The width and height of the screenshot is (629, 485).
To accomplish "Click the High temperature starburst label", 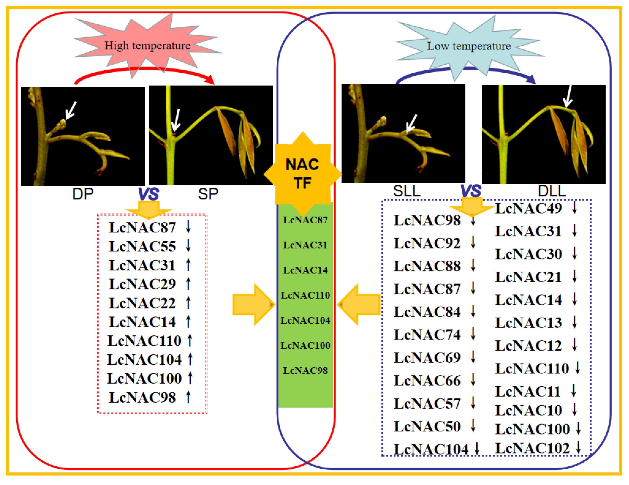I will pyautogui.click(x=147, y=46).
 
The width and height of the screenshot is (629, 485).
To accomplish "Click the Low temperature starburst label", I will pyautogui.click(x=469, y=46).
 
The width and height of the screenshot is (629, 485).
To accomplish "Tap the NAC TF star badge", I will pyautogui.click(x=302, y=174).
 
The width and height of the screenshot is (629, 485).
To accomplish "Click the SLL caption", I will pyautogui.click(x=406, y=191).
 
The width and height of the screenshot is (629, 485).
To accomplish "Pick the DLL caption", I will pyautogui.click(x=552, y=191).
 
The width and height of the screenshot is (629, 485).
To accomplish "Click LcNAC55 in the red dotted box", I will pyautogui.click(x=142, y=247).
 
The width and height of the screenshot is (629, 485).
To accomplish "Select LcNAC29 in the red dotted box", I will pyautogui.click(x=142, y=284).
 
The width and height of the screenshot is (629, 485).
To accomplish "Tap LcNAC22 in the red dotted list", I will pyautogui.click(x=142, y=303).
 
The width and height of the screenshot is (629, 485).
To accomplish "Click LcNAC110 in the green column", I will pyautogui.click(x=305, y=295).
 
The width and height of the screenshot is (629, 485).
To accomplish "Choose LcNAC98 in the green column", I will pyautogui.click(x=305, y=371).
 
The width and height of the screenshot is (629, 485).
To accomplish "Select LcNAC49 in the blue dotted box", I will pyautogui.click(x=528, y=208).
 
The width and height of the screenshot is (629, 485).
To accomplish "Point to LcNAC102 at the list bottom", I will pyautogui.click(x=532, y=448).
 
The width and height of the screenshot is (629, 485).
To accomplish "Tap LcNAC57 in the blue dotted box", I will pyautogui.click(x=427, y=404).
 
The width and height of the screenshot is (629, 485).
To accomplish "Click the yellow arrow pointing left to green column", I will pyautogui.click(x=359, y=304).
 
